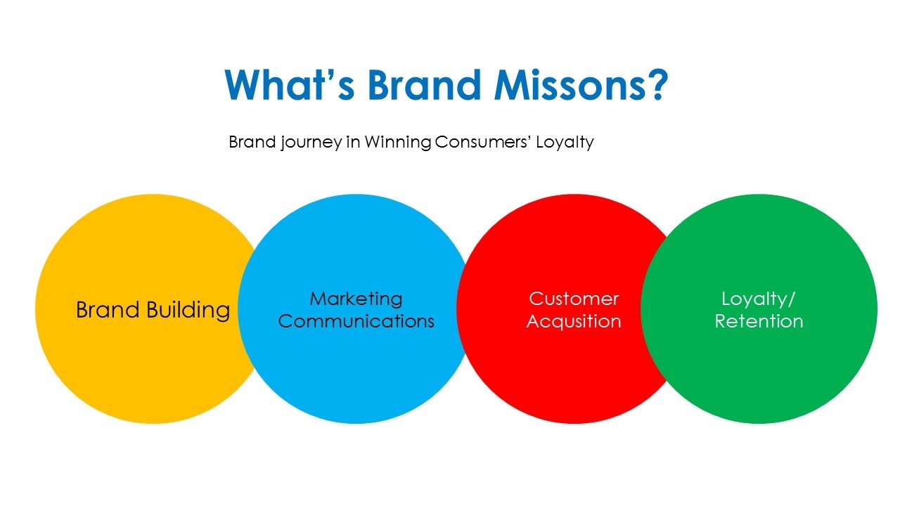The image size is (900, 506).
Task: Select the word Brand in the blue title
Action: click(424, 85)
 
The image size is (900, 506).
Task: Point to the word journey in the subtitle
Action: click(311, 143)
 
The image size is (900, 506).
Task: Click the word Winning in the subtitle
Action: click(398, 143)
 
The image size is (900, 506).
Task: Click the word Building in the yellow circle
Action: click(188, 311)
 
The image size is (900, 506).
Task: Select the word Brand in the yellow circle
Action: click(108, 310)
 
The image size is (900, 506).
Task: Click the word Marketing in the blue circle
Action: click(356, 299)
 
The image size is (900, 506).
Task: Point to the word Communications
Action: click(356, 321)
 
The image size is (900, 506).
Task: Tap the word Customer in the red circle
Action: click(574, 299)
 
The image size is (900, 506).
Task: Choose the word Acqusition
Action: click(574, 322)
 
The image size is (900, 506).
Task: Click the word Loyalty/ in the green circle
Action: click(758, 299)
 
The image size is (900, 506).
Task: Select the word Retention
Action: click(759, 321)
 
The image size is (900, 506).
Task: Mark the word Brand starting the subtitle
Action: click(252, 142)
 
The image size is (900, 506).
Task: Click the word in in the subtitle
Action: click(353, 142)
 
